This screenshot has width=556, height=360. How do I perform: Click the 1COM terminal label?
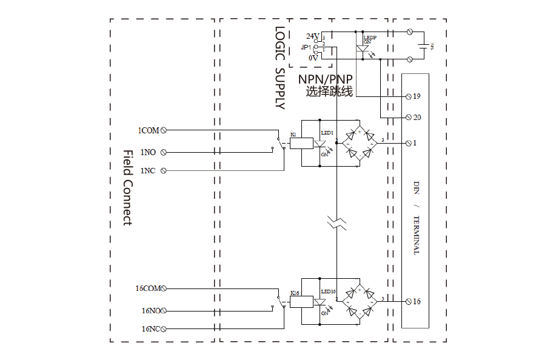(148, 130)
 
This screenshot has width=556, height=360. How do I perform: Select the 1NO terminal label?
(149, 152)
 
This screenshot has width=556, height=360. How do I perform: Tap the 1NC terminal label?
(148, 171)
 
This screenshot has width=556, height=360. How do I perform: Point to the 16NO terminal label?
(150, 311)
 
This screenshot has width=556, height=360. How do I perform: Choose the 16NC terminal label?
(150, 329)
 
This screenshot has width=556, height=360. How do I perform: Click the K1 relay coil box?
(301, 143)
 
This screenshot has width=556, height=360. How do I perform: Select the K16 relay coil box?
(301, 302)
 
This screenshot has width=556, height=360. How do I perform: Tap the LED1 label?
(327, 132)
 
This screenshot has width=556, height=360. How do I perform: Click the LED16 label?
(328, 292)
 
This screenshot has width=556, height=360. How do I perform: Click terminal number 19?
(417, 96)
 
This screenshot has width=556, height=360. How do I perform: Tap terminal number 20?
(417, 118)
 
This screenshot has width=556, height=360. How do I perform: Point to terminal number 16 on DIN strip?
(417, 301)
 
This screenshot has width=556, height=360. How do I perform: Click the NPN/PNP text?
(325, 79)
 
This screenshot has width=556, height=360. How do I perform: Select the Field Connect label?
(127, 188)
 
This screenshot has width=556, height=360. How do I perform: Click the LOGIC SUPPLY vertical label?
(280, 67)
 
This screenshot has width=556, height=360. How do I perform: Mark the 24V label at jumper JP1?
(312, 36)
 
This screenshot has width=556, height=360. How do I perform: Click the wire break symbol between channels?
(337, 222)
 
